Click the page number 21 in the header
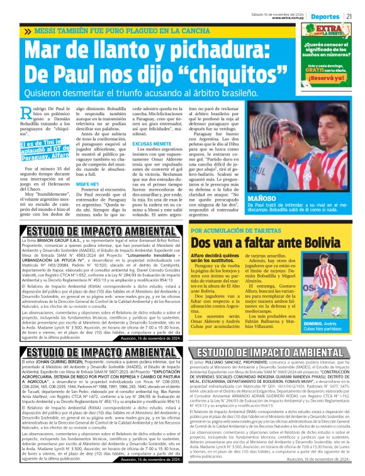tap(357, 15)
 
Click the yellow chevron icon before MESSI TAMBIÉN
tap(28, 31)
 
